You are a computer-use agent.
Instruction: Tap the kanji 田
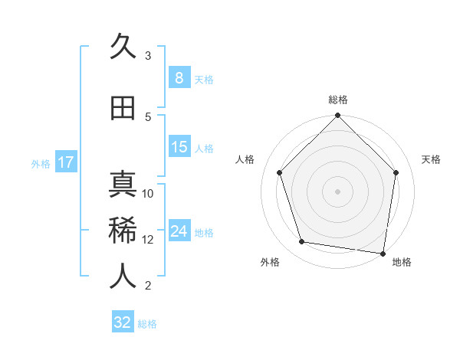click(123, 109)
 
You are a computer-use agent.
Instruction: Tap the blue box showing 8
click(179, 78)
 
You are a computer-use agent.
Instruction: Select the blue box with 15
click(179, 147)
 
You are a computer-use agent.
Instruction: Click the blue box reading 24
click(179, 231)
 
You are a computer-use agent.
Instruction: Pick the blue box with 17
click(65, 162)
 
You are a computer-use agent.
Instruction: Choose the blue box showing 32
click(123, 322)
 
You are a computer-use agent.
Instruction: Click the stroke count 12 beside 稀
click(148, 240)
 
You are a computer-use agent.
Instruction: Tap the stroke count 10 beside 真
click(148, 194)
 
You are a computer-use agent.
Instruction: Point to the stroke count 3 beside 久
click(148, 56)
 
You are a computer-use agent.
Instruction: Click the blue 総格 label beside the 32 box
click(147, 324)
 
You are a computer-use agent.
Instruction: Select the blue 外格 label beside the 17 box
click(40, 163)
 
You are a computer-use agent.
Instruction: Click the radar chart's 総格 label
click(338, 100)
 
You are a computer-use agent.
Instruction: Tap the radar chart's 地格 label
click(402, 262)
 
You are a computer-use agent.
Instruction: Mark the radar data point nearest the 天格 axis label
click(396, 172)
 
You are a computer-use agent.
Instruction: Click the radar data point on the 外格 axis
click(302, 242)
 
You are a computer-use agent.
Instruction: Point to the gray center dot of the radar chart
click(337, 191)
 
